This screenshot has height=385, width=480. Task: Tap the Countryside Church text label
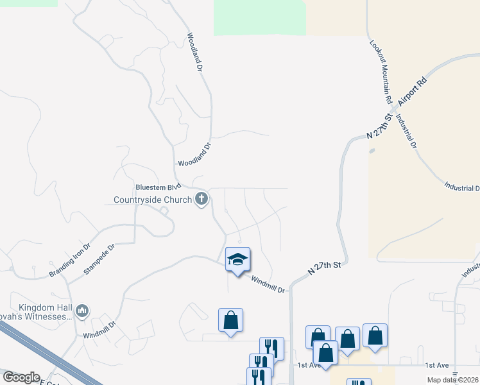tap(153, 200)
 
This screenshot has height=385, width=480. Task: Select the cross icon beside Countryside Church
tap(201, 199)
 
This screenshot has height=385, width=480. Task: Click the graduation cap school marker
tap(237, 259)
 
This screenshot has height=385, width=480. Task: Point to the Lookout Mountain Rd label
tap(380, 73)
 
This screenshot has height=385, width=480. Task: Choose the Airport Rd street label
tap(412, 92)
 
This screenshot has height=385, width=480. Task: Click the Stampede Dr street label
tap(99, 259)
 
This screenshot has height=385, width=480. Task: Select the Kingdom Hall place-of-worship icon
tap(81, 312)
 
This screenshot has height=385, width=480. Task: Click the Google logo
tap(21, 377)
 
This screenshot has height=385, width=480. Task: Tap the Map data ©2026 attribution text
tap(453, 380)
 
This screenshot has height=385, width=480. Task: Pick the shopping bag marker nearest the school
tap(230, 320)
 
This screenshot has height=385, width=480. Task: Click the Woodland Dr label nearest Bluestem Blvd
tap(194, 155)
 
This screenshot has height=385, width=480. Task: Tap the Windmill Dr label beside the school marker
tap(267, 285)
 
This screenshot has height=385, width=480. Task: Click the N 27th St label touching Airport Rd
tap(379, 126)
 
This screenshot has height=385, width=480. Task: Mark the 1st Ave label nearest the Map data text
tap(438, 364)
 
